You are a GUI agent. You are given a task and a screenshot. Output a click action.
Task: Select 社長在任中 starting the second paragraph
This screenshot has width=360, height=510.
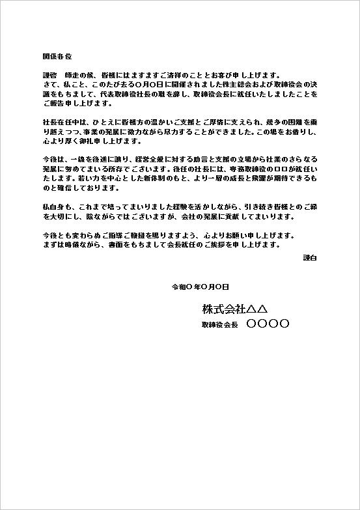59,122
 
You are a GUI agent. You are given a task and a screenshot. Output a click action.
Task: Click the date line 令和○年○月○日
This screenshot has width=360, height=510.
200,287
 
